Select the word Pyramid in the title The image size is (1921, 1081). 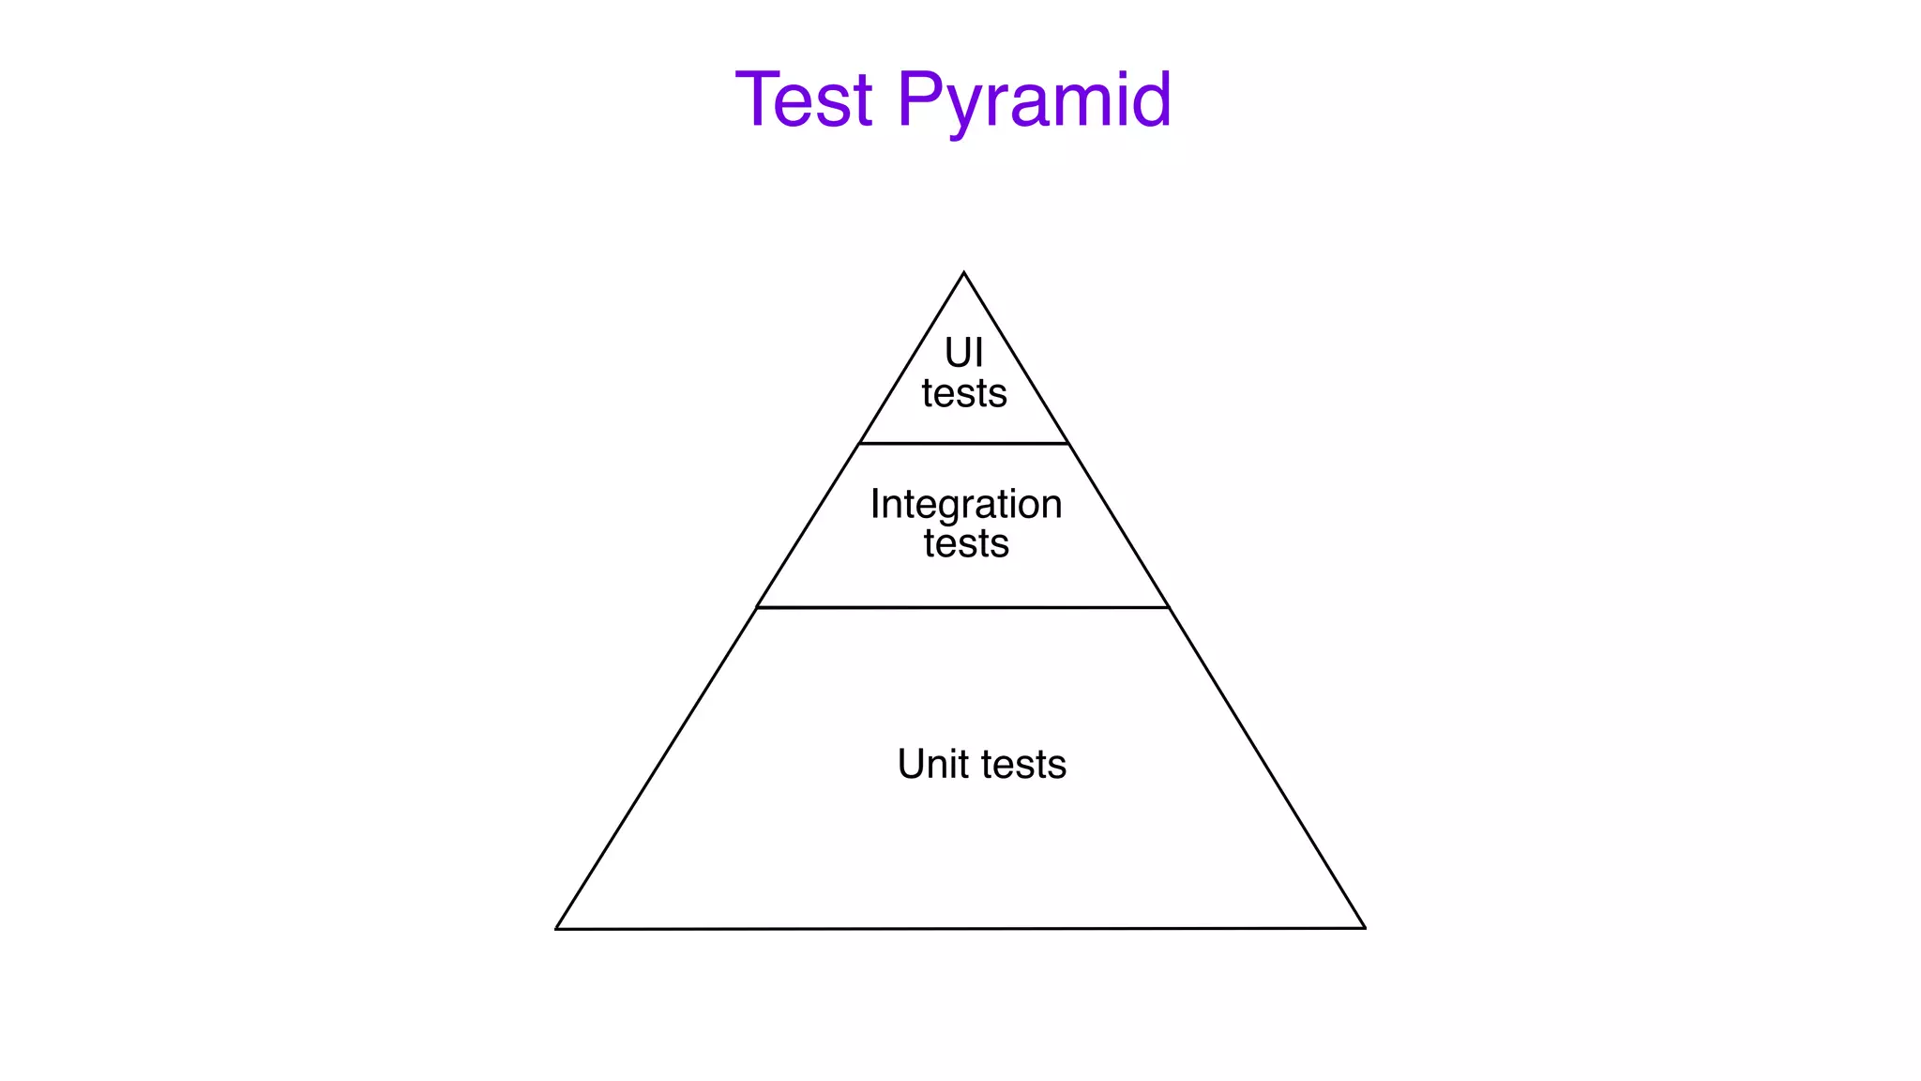point(1034,100)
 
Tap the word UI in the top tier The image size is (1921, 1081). point(963,354)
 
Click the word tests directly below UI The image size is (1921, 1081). point(964,393)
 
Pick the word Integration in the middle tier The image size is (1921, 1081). point(966,505)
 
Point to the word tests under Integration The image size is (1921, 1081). point(966,543)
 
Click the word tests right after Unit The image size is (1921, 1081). point(1024,764)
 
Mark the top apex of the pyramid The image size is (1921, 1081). point(964,273)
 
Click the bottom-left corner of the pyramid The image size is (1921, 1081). point(556,929)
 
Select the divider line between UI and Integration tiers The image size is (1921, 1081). point(964,443)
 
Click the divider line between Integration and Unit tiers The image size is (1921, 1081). point(963,608)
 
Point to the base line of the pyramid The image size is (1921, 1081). point(960,929)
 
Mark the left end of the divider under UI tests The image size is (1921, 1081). point(860,443)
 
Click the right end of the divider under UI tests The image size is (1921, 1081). point(1067,443)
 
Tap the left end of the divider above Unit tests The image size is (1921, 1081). point(757,608)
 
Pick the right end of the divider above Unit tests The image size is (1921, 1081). point(1169,608)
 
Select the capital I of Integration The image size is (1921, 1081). point(875,504)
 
